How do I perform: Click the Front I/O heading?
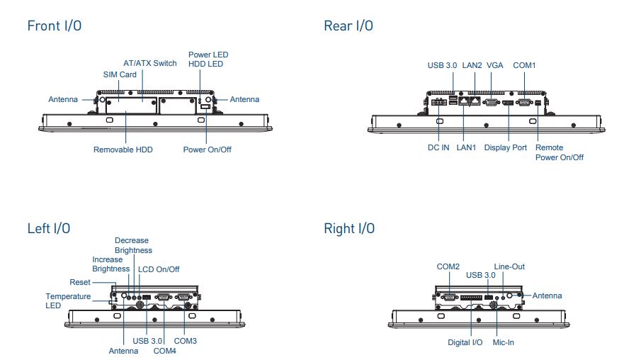point(55,26)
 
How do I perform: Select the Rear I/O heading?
point(348,26)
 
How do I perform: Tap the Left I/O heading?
point(49,228)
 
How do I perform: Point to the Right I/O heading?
point(349,228)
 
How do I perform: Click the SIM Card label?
point(120,74)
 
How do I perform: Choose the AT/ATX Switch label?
point(150,63)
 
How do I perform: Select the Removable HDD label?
point(123,150)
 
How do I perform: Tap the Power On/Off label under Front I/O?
point(208,150)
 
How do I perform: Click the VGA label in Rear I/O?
point(494,65)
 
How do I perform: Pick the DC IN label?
point(438,147)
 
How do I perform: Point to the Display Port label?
point(506,147)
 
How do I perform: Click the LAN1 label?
point(467,147)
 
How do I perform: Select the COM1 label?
point(525,65)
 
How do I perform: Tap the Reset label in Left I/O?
point(80,282)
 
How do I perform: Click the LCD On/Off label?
point(159,269)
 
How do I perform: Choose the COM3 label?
point(185,341)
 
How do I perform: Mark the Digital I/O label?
point(465,343)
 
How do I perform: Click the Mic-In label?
point(503,343)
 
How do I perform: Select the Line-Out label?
point(509,266)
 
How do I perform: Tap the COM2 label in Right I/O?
point(448,266)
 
